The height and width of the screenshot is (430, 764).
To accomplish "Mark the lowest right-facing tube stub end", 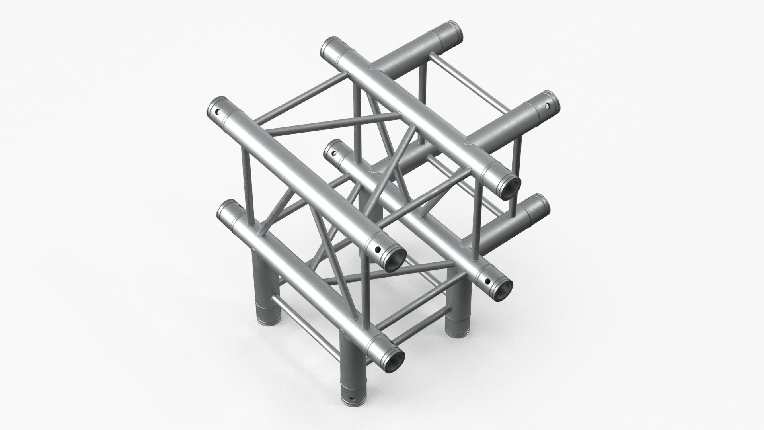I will (x=539, y=204).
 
